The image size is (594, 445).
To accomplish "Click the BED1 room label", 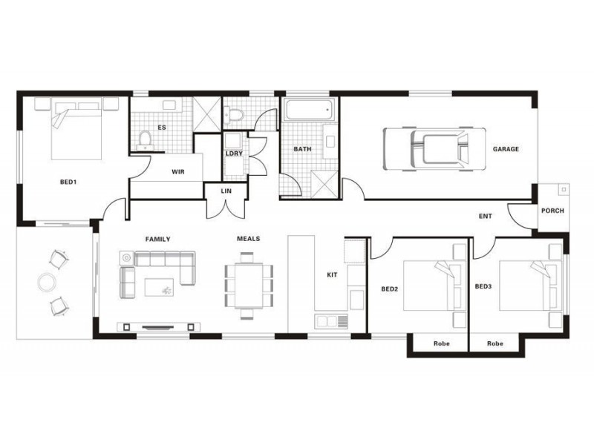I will (x=68, y=182).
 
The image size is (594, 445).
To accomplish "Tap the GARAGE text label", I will (x=506, y=149).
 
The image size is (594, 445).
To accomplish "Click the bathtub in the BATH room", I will (x=307, y=111).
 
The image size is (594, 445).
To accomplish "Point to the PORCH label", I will (x=552, y=211).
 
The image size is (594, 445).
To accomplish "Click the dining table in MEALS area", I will (x=249, y=281).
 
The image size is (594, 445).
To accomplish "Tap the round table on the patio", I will (x=47, y=282).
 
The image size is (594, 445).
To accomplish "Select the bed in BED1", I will (x=76, y=131).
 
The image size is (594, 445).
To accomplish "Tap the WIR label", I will (x=178, y=171).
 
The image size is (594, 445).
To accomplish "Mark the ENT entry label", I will (x=486, y=216).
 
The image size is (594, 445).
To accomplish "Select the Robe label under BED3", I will (x=495, y=343).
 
